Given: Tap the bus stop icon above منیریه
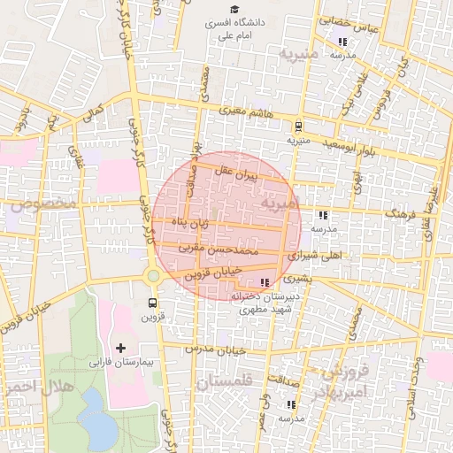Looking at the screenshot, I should coord(298,126).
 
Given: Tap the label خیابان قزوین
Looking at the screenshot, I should coord(212,274).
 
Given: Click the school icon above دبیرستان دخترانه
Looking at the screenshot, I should coord(265,282).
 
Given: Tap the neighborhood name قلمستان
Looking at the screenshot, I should coord(225,382).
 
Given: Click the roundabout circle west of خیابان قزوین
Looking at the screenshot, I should coord(153,275).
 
